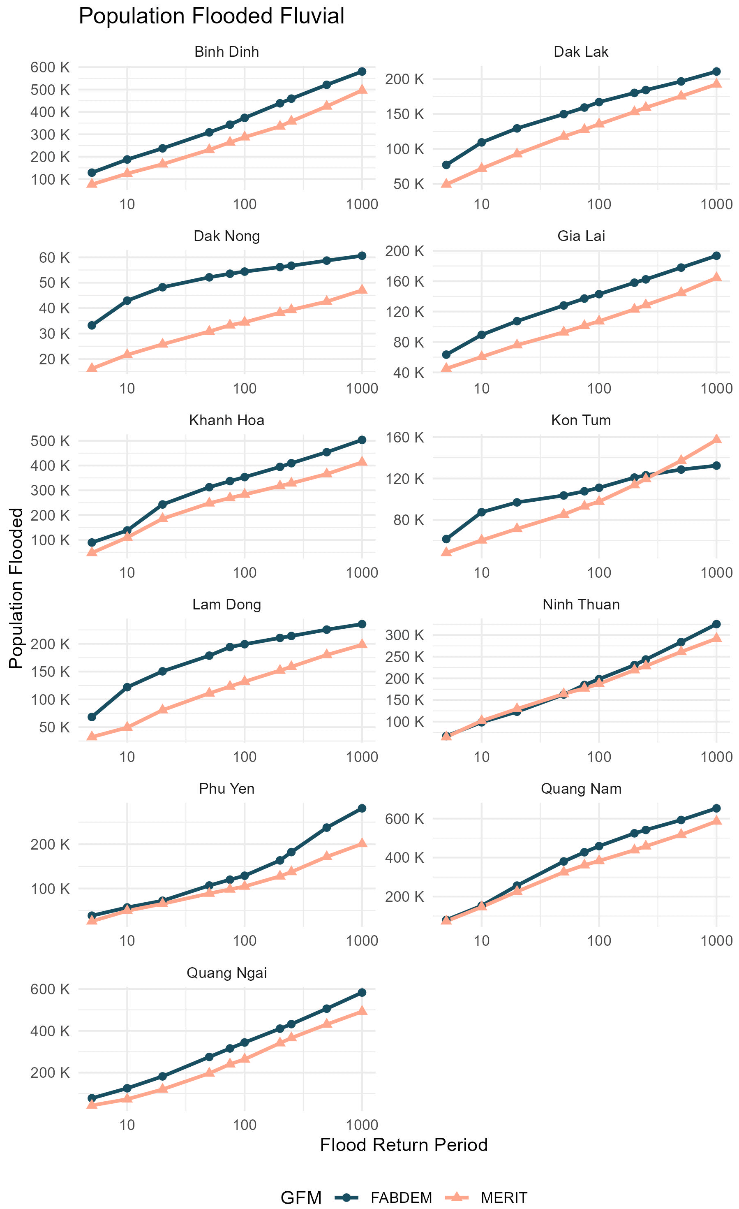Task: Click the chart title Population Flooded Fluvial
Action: pos(211,16)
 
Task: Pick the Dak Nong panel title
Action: pos(226,236)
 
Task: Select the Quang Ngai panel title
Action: pos(226,973)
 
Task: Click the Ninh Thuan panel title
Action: pos(581,604)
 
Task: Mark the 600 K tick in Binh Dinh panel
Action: pos(50,67)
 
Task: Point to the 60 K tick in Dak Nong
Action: pos(54,257)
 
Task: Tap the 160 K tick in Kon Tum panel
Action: pos(404,437)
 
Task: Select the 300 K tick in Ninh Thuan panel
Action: pos(404,635)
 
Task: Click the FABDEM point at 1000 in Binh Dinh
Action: pos(362,72)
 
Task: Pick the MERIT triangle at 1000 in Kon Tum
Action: pos(716,439)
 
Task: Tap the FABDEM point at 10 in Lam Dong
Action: pos(127,687)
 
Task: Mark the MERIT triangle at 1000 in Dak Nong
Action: pos(362,290)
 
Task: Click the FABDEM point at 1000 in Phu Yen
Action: pos(362,808)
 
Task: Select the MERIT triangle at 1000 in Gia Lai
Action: pos(716,277)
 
